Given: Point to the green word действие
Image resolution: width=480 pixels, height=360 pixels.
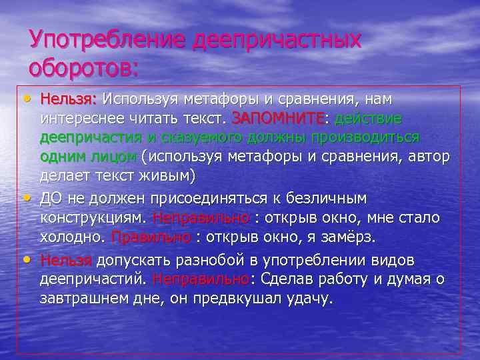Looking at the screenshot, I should click(369, 119).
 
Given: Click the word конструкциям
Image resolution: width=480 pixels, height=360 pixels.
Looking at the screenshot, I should click(93, 218).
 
